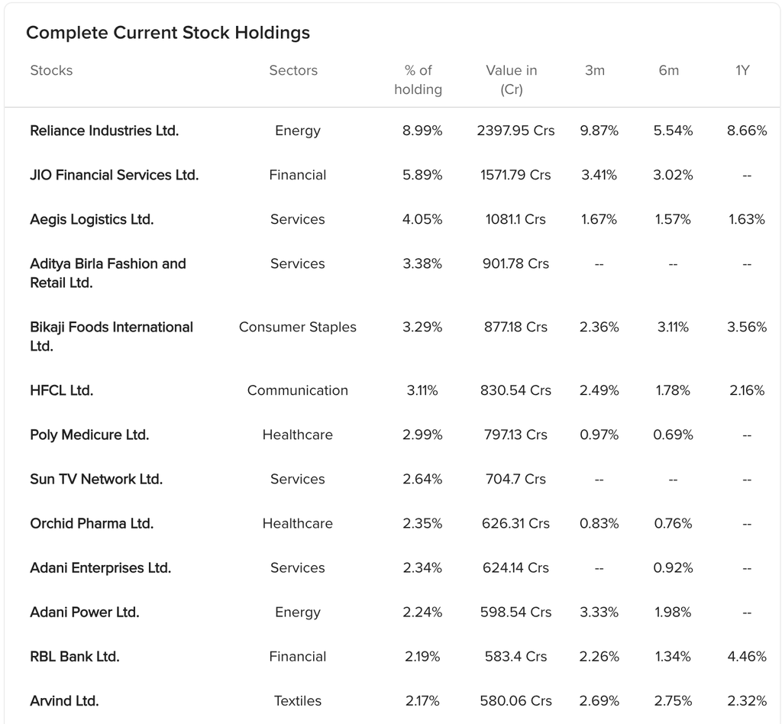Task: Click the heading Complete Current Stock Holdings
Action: tap(168, 33)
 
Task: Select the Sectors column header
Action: tap(293, 70)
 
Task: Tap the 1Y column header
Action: tap(742, 70)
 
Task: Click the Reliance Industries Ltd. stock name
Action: tap(105, 131)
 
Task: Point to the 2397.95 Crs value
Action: tap(515, 131)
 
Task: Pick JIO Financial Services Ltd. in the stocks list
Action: tap(115, 175)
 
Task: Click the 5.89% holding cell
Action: tap(422, 175)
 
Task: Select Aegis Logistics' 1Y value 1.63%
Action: tap(746, 219)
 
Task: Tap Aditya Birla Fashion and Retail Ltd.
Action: tap(108, 273)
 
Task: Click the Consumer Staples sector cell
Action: tap(298, 327)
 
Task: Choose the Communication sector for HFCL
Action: tap(298, 390)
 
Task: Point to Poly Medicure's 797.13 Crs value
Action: tap(515, 435)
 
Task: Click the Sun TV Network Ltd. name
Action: tap(96, 479)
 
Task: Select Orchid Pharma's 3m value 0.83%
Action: tap(599, 523)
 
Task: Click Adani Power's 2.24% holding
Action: tap(422, 612)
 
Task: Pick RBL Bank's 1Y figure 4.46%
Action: tap(746, 656)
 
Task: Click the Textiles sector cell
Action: tap(298, 700)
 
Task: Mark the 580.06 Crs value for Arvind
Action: tap(515, 700)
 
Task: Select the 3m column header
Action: tap(594, 70)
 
